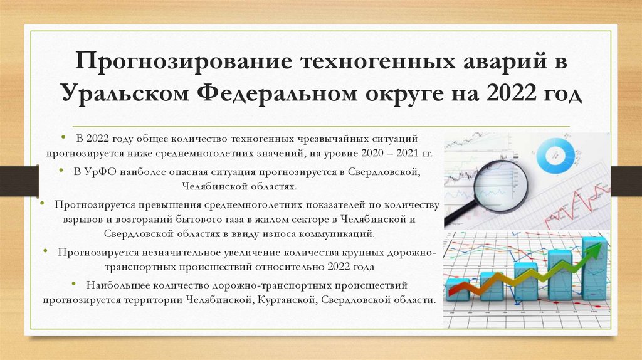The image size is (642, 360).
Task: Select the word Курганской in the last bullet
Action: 285,300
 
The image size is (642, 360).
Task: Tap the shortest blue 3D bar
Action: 458,289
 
